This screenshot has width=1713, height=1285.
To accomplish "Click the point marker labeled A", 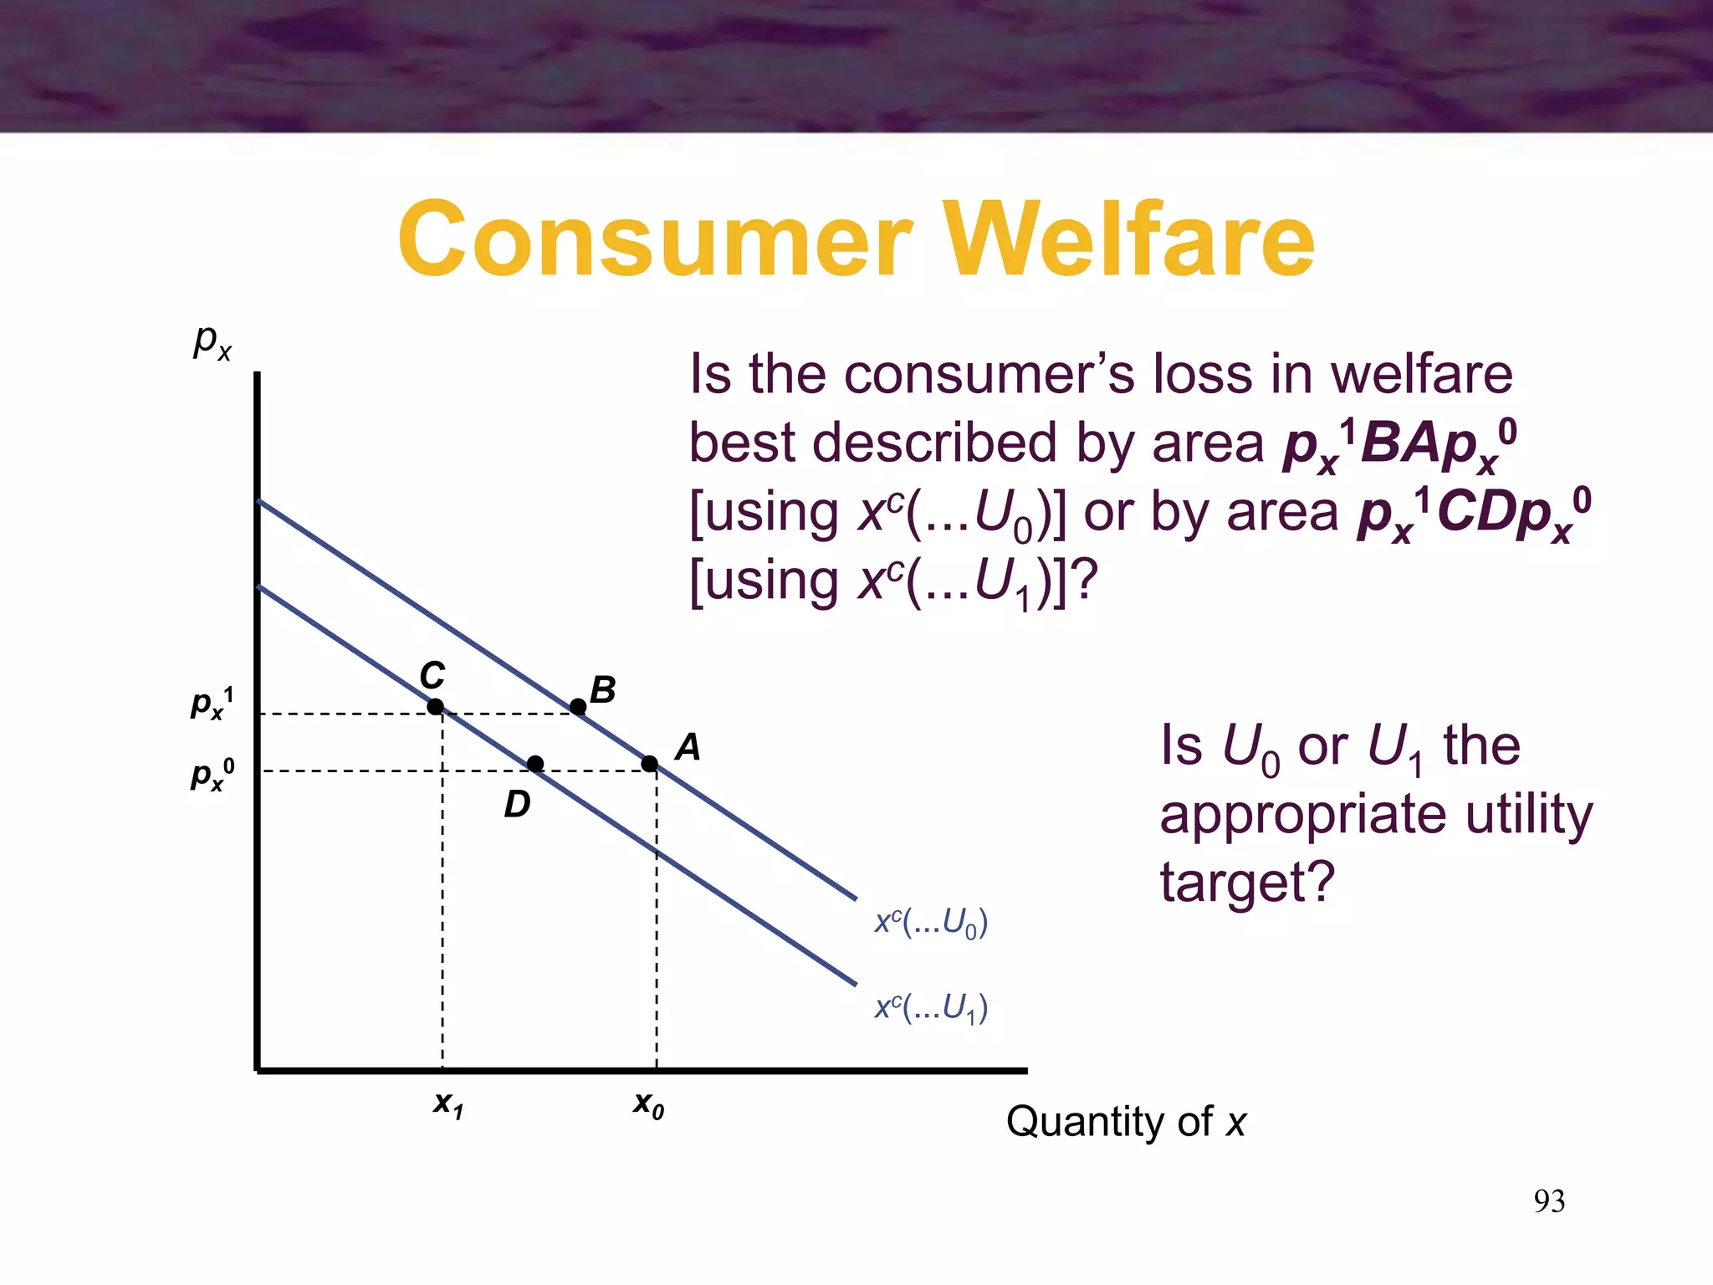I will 650,763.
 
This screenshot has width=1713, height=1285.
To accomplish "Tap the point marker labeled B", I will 578,707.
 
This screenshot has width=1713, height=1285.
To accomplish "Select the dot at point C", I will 435,707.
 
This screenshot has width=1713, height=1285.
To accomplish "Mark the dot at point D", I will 535,763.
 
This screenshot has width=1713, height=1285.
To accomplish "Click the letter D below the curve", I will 517,805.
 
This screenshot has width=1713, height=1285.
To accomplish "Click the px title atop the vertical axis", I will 212,341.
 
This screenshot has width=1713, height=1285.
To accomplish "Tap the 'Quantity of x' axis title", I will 1125,1121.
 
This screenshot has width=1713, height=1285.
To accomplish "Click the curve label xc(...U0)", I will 931,922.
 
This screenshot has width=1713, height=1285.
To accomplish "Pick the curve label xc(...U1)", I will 931,1007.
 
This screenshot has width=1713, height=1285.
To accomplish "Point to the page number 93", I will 1549,1201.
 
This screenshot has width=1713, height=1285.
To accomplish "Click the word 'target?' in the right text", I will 1246,883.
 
